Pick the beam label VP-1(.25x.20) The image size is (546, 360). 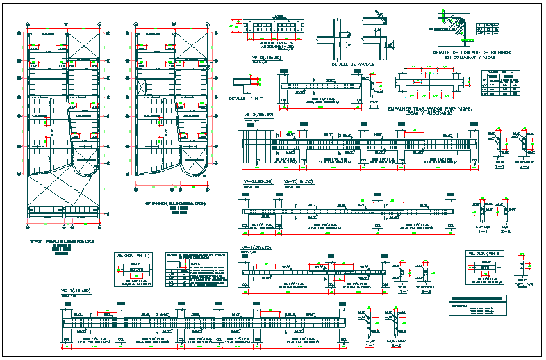(256, 247)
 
